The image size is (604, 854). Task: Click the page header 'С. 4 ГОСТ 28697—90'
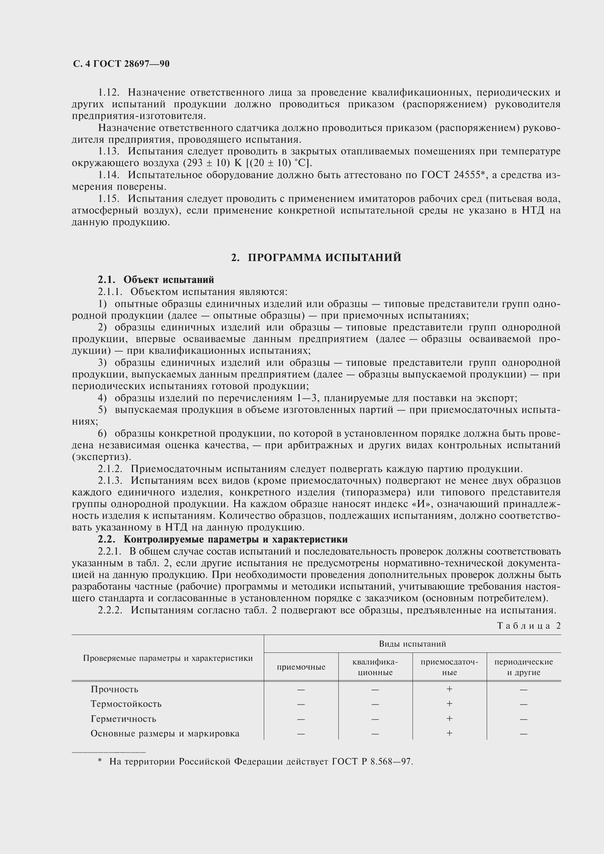[121, 64]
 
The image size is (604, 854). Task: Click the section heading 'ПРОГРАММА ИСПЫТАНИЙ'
[324, 257]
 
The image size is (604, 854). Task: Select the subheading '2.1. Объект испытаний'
[156, 279]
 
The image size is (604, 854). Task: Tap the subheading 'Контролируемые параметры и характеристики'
[236, 539]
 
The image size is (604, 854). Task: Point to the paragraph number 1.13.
[108, 152]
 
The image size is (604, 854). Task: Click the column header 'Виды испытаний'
[412, 643]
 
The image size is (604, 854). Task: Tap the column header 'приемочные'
[301, 667]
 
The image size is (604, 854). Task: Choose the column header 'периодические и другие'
[524, 667]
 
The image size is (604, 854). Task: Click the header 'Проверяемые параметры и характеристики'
[168, 658]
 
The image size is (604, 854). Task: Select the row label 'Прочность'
[114, 689]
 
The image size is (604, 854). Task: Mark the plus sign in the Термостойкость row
[449, 704]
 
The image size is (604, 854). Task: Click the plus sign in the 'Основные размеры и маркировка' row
[449, 733]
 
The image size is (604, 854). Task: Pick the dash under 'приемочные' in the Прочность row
[301, 690]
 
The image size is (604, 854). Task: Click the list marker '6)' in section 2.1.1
[102, 433]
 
